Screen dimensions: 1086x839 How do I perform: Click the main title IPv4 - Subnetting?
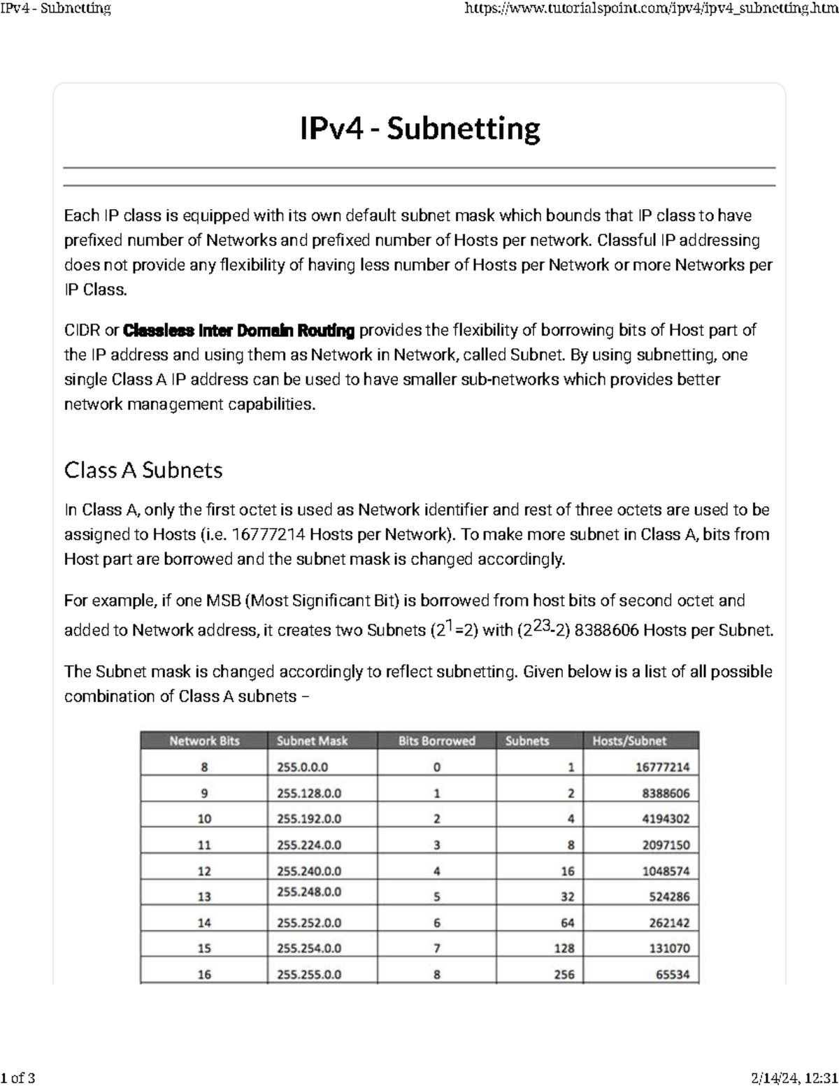(x=419, y=129)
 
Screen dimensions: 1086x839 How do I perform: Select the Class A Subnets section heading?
(x=143, y=470)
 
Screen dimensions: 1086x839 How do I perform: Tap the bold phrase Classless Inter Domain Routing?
(x=239, y=330)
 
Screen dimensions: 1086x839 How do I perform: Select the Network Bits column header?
(x=204, y=741)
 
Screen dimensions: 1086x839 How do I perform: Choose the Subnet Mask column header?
(x=312, y=741)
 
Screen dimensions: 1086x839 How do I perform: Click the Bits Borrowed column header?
(x=436, y=741)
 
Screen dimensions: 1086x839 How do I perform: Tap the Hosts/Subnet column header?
(x=629, y=741)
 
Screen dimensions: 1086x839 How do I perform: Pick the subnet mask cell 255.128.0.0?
(x=309, y=794)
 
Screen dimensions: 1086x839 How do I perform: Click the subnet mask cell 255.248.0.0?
(x=309, y=892)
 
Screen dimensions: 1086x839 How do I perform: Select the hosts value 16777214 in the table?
(x=662, y=767)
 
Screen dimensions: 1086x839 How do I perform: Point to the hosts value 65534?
(x=672, y=974)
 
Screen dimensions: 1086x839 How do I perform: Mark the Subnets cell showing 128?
(x=564, y=949)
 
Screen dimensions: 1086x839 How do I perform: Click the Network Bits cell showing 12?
(x=204, y=871)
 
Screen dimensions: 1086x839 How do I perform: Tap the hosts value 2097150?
(x=666, y=845)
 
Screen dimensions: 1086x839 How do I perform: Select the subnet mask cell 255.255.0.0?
(x=309, y=974)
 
